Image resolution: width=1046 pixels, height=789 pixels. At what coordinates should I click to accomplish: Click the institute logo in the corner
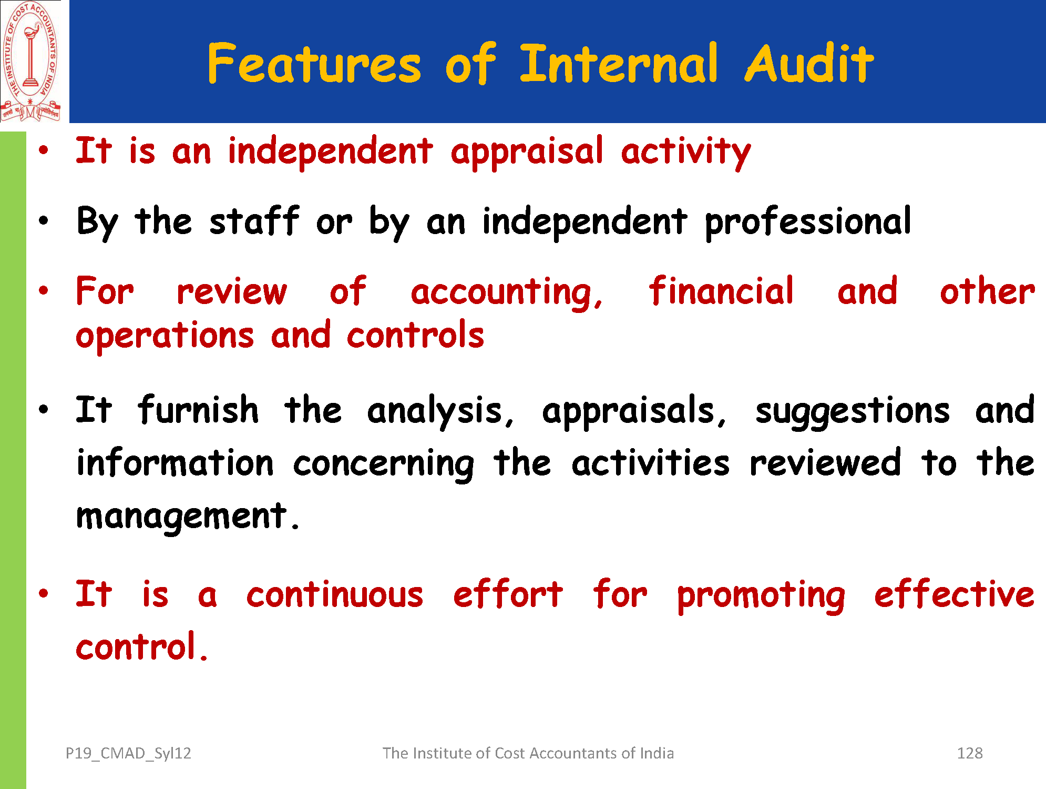[30, 62]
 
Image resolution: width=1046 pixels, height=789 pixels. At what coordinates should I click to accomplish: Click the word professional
[808, 222]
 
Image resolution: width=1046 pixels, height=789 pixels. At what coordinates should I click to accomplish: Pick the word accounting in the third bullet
[507, 292]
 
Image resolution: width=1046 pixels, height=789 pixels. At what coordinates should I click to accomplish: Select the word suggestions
[853, 411]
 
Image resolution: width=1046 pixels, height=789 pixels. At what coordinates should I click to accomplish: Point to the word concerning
[384, 464]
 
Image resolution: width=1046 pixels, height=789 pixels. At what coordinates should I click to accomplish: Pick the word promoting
[762, 596]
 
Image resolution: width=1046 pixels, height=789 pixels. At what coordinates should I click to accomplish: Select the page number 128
[970, 753]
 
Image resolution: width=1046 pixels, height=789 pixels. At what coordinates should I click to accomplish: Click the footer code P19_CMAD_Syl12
[128, 754]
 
